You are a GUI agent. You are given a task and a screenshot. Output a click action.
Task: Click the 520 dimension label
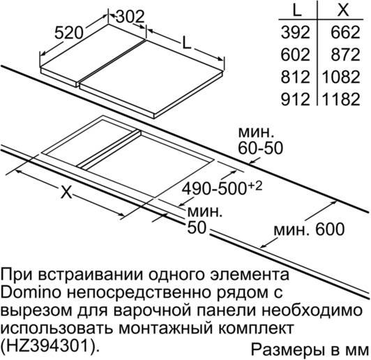click(x=69, y=33)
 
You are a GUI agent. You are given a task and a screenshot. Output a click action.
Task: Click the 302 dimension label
click(x=130, y=17)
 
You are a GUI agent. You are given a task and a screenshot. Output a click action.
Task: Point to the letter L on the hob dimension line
click(x=186, y=43)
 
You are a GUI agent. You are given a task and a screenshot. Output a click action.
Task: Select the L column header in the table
click(x=297, y=10)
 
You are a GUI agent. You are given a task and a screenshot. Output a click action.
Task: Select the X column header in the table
click(x=343, y=10)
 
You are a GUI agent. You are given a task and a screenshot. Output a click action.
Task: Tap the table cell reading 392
click(x=295, y=32)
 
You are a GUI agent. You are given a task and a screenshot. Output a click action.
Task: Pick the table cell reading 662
click(x=345, y=32)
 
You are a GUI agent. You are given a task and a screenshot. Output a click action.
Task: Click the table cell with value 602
click(x=295, y=54)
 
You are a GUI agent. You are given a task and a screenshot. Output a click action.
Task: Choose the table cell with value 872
click(x=345, y=54)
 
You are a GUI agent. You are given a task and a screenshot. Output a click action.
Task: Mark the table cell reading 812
click(x=295, y=77)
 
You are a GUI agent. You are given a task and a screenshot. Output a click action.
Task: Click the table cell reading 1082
click(x=341, y=77)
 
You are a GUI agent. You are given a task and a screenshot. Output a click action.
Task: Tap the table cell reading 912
click(x=295, y=99)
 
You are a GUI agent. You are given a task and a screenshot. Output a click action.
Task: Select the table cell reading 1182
click(x=341, y=99)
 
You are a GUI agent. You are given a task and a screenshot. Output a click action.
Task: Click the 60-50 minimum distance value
click(x=260, y=148)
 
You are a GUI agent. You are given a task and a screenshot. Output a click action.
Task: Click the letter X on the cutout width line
click(x=66, y=191)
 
